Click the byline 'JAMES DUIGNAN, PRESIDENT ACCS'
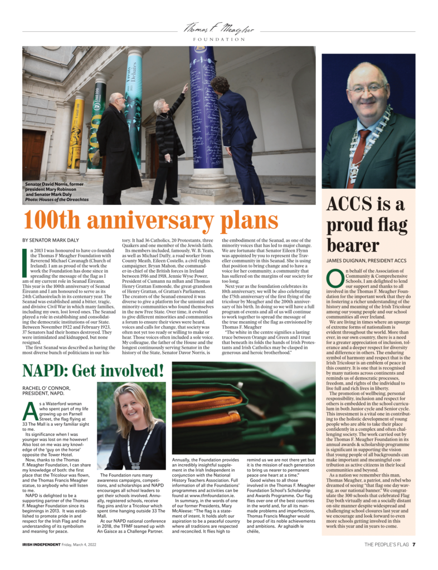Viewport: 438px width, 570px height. pyautogui.click(x=366, y=261)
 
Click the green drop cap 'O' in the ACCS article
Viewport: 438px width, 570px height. pyautogui.click(x=335, y=276)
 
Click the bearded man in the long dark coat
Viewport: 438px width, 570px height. pyautogui.click(x=118, y=145)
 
